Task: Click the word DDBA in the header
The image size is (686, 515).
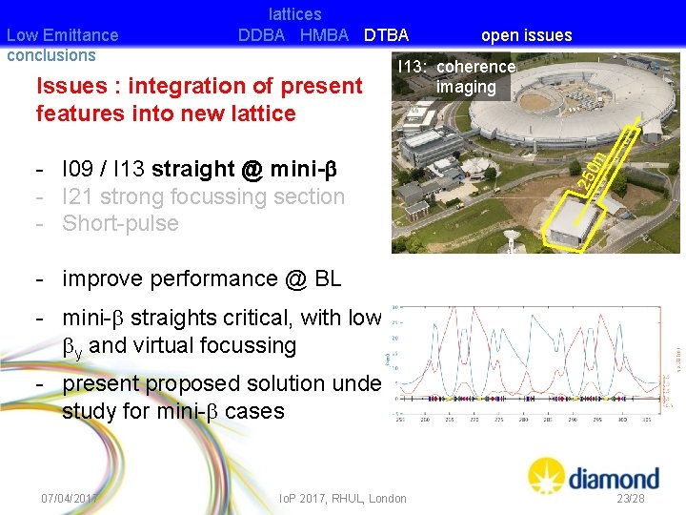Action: [x=261, y=35]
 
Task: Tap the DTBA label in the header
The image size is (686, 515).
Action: [x=385, y=35]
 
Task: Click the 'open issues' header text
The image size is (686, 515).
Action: [x=526, y=35]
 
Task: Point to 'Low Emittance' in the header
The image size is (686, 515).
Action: [x=62, y=35]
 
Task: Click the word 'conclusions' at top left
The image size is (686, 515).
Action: [x=50, y=55]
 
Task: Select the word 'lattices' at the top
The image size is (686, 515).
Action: [x=294, y=14]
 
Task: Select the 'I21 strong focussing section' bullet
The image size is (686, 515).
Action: [x=203, y=196]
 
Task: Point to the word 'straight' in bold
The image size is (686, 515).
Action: [x=192, y=169]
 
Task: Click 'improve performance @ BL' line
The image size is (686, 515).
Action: [x=201, y=278]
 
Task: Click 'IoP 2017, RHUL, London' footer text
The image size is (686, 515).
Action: [x=342, y=498]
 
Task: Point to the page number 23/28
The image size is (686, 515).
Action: [x=630, y=498]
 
